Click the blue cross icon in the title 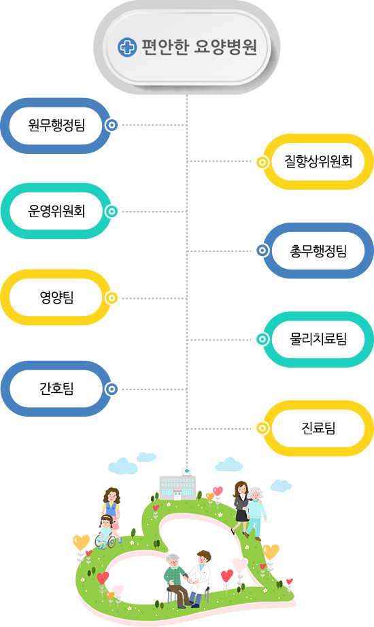[x=127, y=48]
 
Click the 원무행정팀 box [x=56, y=125]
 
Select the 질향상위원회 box [x=318, y=161]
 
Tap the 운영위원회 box [x=56, y=211]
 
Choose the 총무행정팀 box [x=318, y=251]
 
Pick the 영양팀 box [x=56, y=297]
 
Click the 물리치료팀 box [x=318, y=339]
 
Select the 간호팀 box [x=56, y=389]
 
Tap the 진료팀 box [x=318, y=428]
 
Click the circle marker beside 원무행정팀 [x=112, y=125]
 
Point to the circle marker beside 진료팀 [x=262, y=428]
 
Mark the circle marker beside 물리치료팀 [x=262, y=340]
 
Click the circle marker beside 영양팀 [x=112, y=298]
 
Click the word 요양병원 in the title [x=225, y=47]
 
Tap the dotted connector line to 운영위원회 [x=154, y=212]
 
